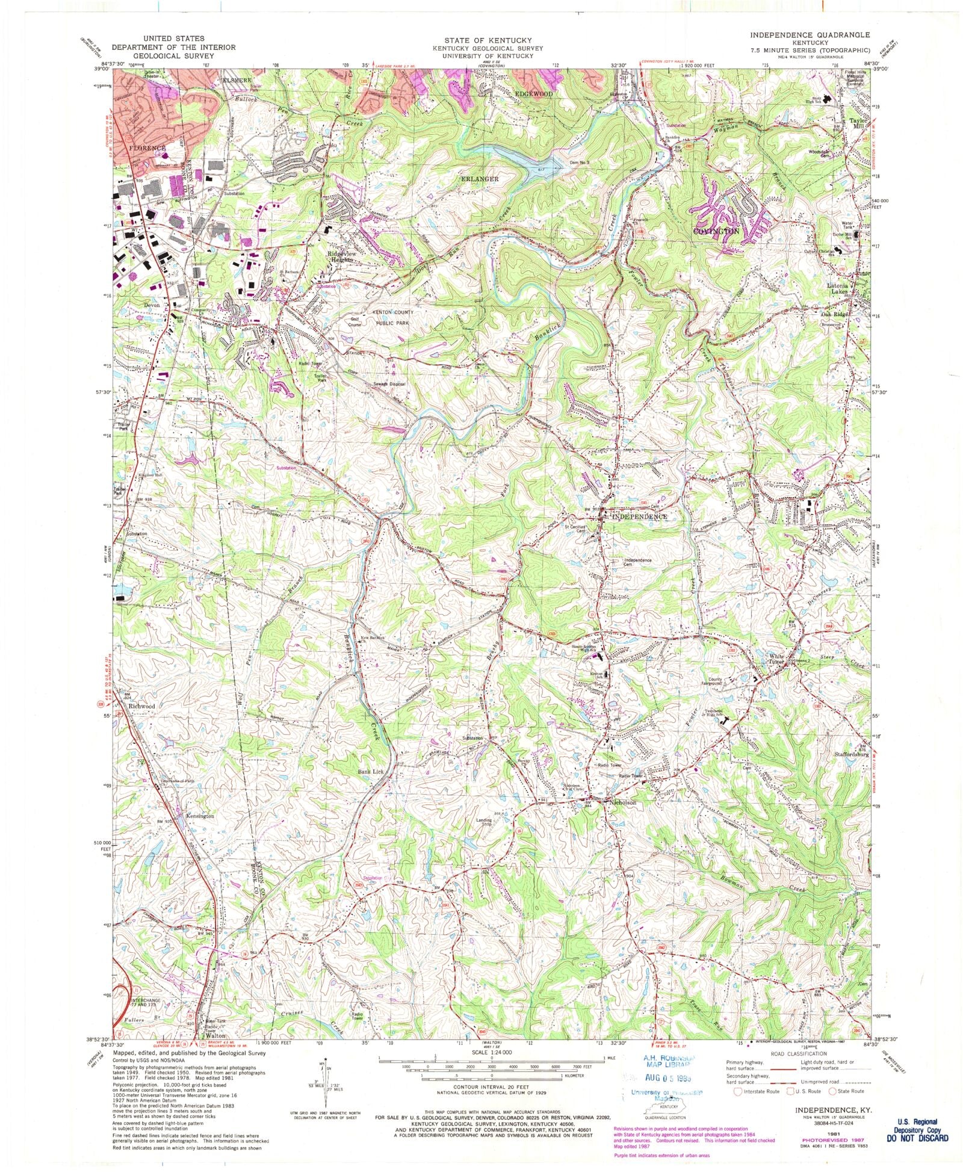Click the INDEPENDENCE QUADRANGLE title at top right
tap(810, 35)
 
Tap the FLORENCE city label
tap(147, 148)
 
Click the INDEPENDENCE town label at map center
tap(639, 516)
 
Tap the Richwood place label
tap(141, 706)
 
